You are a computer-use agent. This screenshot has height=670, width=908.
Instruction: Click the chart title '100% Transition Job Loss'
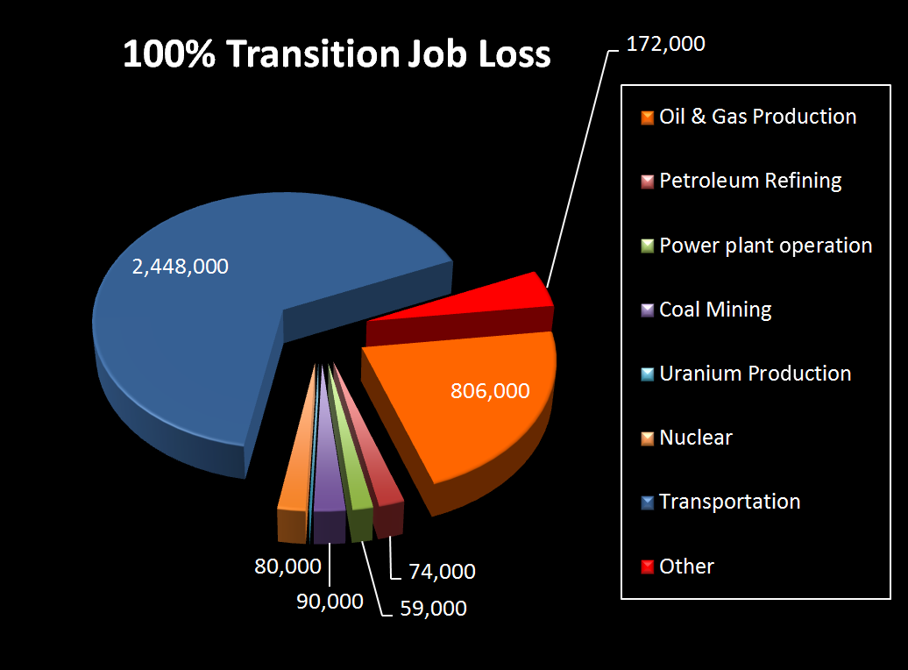click(337, 53)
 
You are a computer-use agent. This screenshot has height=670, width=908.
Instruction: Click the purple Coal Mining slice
click(329, 464)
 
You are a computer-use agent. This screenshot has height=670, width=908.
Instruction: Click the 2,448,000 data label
click(180, 266)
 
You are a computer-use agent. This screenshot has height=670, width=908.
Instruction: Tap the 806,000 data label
click(490, 390)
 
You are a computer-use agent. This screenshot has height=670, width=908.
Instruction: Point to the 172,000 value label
click(666, 44)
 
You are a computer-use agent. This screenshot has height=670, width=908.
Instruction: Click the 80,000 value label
click(287, 566)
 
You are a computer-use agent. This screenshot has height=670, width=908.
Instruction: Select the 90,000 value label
click(330, 601)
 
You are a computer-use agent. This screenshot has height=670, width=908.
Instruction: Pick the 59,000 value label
click(433, 608)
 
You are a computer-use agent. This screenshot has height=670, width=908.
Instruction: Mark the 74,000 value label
click(442, 571)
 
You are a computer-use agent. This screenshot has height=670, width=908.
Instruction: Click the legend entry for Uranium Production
click(746, 374)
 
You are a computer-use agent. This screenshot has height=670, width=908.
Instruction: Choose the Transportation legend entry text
click(729, 502)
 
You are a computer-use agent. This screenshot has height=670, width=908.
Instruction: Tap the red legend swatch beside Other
click(648, 567)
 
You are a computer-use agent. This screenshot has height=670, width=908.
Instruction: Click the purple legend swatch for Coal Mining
click(648, 310)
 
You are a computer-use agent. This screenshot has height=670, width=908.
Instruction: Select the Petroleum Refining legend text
click(750, 181)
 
